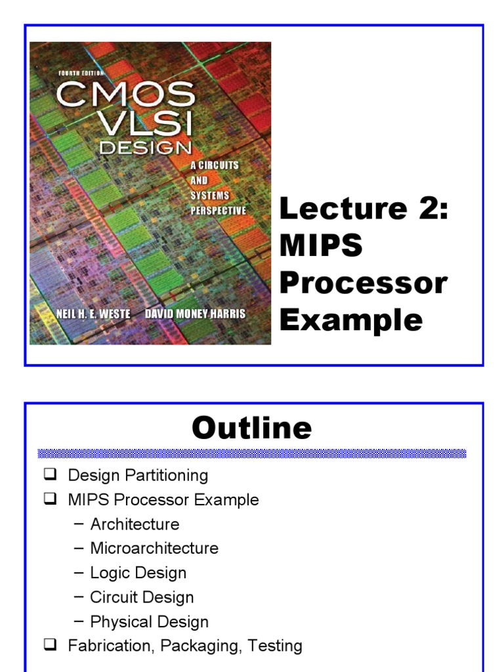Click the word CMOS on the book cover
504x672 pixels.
[x=125, y=95]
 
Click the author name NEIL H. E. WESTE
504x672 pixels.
[x=93, y=314]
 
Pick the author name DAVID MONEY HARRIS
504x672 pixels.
[x=196, y=314]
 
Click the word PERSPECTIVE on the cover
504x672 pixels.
[x=219, y=211]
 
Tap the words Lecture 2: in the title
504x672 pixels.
[x=364, y=209]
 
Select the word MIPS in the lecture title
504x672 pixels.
[x=321, y=246]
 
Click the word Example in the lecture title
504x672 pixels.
[x=351, y=320]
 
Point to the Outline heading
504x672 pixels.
[x=251, y=428]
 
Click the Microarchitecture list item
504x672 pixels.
[x=154, y=548]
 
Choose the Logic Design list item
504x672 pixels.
[x=138, y=572]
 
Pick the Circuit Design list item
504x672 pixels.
[x=142, y=597]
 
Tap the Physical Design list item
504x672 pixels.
[x=149, y=621]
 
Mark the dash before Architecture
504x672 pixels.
[x=79, y=524]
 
